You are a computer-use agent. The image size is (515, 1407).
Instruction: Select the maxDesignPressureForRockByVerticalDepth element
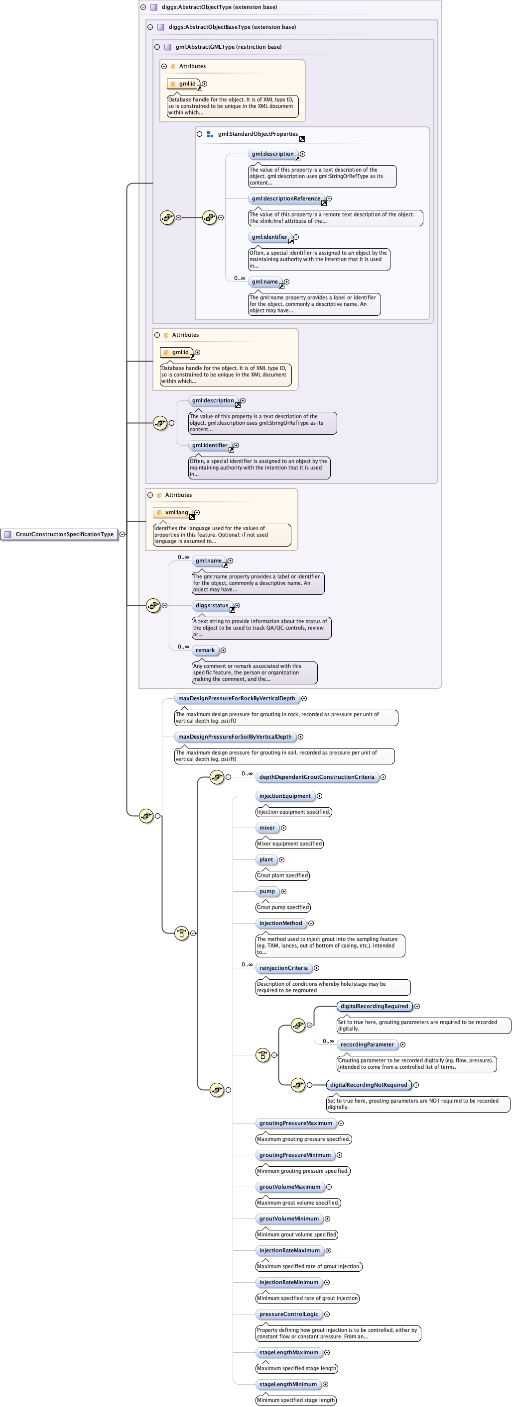tap(236, 699)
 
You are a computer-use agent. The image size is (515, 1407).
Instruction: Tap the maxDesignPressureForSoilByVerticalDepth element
tap(235, 737)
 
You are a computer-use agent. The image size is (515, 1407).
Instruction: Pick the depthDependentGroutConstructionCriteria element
tap(317, 777)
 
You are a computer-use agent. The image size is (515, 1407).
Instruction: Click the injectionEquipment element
tap(284, 796)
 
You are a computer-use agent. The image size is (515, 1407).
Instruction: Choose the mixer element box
tap(267, 828)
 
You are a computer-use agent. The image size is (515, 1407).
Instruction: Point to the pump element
tap(267, 892)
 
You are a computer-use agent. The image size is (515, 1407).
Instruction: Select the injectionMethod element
tap(280, 924)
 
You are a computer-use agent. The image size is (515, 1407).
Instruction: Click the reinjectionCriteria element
tap(283, 968)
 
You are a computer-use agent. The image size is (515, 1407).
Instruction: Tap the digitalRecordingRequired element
tap(374, 1007)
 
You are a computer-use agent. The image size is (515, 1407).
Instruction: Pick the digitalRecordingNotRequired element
tap(368, 1085)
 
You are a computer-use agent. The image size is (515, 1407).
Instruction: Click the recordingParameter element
tap(367, 1045)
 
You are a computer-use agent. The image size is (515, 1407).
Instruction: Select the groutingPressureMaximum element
tap(295, 1124)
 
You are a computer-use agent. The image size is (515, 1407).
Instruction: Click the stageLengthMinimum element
tap(287, 1385)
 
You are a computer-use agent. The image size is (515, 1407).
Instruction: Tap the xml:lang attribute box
tap(173, 513)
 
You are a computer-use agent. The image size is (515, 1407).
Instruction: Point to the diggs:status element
tap(212, 606)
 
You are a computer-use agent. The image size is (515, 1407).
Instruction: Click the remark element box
tap(205, 651)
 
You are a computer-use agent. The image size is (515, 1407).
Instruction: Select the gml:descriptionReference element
tap(286, 199)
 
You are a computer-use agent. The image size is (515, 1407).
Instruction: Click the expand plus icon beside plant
tap(281, 860)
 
